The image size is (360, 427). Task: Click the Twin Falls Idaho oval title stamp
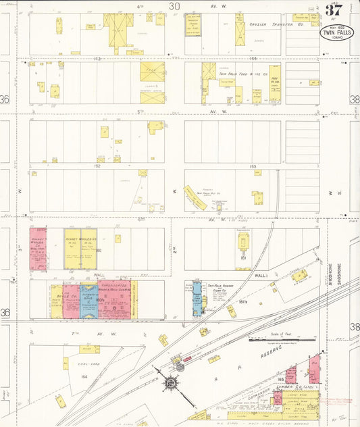pyautogui.click(x=336, y=32)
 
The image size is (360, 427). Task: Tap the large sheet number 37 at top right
pyautogui.click(x=334, y=9)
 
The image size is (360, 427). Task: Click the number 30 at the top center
pyautogui.click(x=174, y=6)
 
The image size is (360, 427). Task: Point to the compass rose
pyautogui.click(x=171, y=383)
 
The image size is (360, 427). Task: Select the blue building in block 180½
pyautogui.click(x=89, y=301)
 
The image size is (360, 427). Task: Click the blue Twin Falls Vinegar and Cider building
pyautogui.click(x=197, y=298)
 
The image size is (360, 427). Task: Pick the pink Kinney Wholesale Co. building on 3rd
pyautogui.click(x=38, y=249)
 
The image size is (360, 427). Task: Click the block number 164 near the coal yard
pyautogui.click(x=84, y=376)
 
